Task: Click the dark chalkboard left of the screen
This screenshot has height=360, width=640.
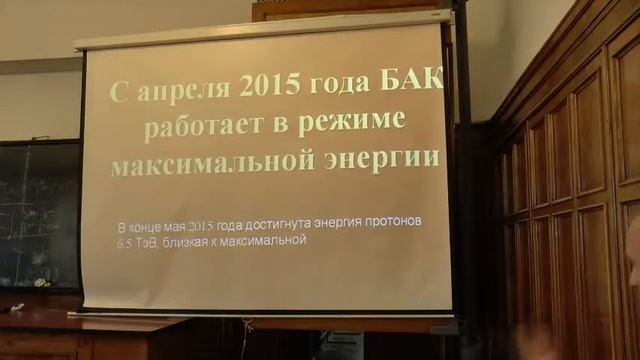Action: pos(38,215)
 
